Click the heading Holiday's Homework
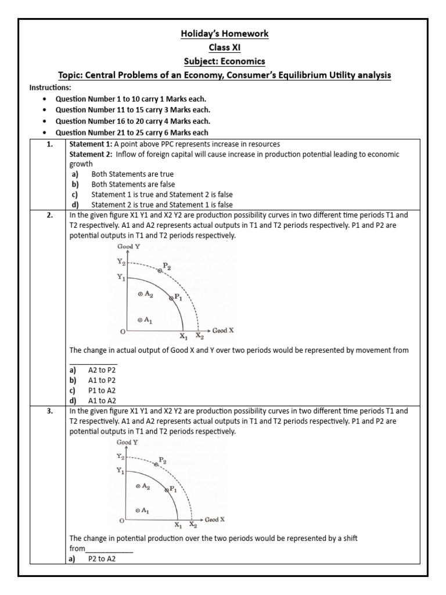click(x=223, y=34)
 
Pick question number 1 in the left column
click(x=38, y=144)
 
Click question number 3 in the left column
click(x=38, y=411)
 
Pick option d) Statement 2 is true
click(x=151, y=205)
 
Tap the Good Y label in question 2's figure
click(x=128, y=246)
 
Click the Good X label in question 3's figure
click(x=214, y=518)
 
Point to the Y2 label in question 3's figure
click(x=120, y=457)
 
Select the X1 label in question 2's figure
click(x=183, y=336)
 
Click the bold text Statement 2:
click(x=92, y=155)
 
